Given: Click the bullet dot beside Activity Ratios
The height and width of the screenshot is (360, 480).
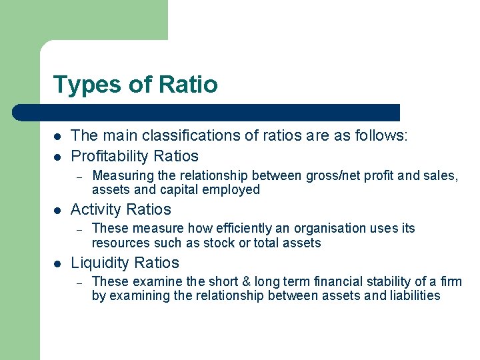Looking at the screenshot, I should coord(57,210).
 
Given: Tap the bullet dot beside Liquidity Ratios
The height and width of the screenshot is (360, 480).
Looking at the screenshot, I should coord(57,263).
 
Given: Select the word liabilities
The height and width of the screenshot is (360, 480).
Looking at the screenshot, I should coord(414,296).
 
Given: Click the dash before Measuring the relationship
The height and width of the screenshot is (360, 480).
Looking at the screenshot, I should coord(79,177).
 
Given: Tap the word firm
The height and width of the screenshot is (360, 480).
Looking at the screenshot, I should coord(451,282).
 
